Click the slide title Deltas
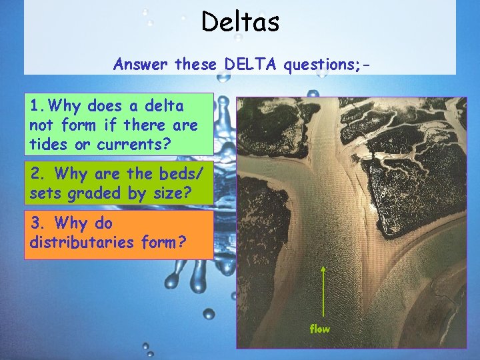click(240, 23)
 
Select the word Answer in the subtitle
click(141, 65)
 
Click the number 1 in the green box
click(35, 105)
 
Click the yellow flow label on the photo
click(320, 329)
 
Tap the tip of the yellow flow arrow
click(323, 266)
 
